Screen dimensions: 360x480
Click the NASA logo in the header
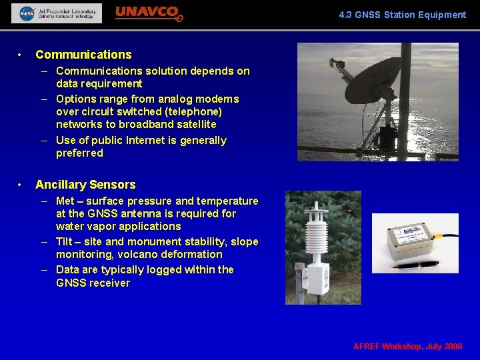click(x=27, y=13)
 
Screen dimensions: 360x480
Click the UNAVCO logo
click(x=149, y=13)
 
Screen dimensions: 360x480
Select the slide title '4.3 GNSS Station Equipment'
click(x=402, y=15)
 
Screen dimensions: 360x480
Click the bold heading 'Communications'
click(x=83, y=55)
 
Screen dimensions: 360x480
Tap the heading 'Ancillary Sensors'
click(x=85, y=185)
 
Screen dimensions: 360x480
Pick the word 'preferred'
click(x=79, y=153)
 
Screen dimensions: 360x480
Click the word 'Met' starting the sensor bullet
click(x=66, y=201)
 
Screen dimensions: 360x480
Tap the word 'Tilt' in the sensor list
click(x=65, y=242)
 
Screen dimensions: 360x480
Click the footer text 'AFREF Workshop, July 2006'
click(x=407, y=347)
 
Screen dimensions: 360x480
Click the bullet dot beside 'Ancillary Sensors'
click(x=21, y=185)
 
